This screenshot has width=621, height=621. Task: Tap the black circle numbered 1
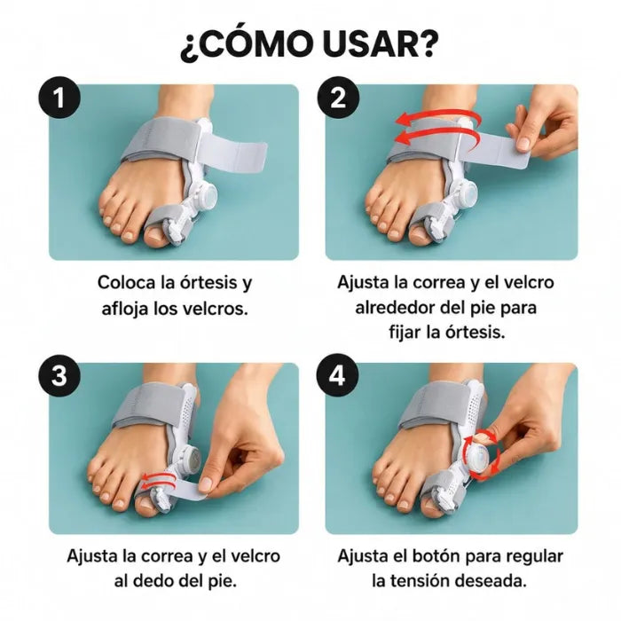[59, 97]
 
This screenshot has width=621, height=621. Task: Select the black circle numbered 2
[338, 97]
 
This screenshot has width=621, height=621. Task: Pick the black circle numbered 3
[59, 375]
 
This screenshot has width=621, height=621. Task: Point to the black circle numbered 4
[338, 375]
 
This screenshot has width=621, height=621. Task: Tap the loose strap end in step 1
[233, 150]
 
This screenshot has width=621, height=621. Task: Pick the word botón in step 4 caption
[436, 556]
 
